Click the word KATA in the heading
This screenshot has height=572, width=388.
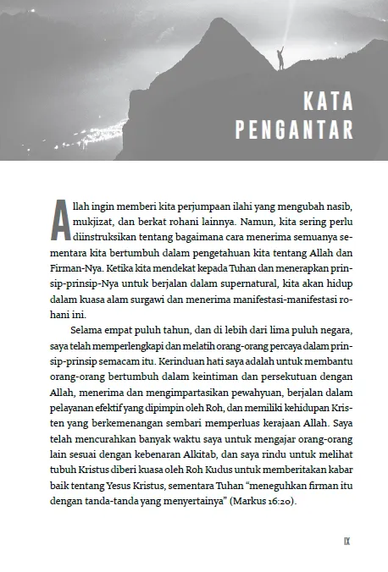coord(328,103)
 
